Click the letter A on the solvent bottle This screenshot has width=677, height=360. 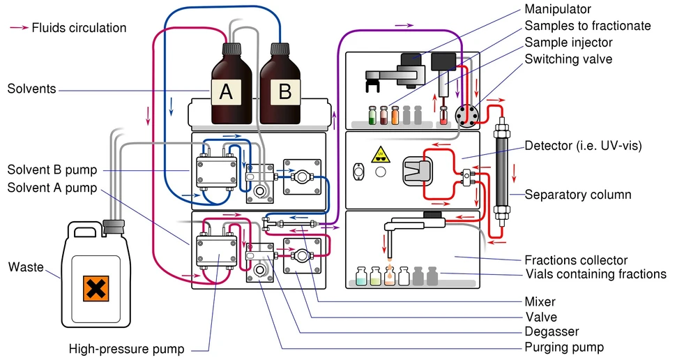click(226, 91)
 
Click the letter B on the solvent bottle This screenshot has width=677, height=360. click(284, 91)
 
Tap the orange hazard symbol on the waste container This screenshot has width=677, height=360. click(96, 288)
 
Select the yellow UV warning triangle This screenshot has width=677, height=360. click(381, 155)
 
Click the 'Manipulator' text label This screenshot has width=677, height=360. click(558, 9)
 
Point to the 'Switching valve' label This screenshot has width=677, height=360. click(568, 59)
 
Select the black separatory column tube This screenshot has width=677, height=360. click(502, 172)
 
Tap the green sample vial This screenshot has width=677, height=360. click(372, 115)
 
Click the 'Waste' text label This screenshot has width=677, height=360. click(26, 267)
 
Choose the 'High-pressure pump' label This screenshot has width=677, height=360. click(126, 349)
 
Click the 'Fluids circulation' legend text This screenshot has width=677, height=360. click(79, 28)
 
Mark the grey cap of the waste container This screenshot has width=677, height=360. click(114, 225)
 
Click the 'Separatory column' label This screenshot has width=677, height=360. click(578, 195)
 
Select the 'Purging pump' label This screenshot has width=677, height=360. click(564, 347)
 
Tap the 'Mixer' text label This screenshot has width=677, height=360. click(540, 301)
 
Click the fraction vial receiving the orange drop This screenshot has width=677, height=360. click(390, 276)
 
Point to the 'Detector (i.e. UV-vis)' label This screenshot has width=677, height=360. click(584, 146)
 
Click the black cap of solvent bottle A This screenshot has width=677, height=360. click(231, 48)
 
